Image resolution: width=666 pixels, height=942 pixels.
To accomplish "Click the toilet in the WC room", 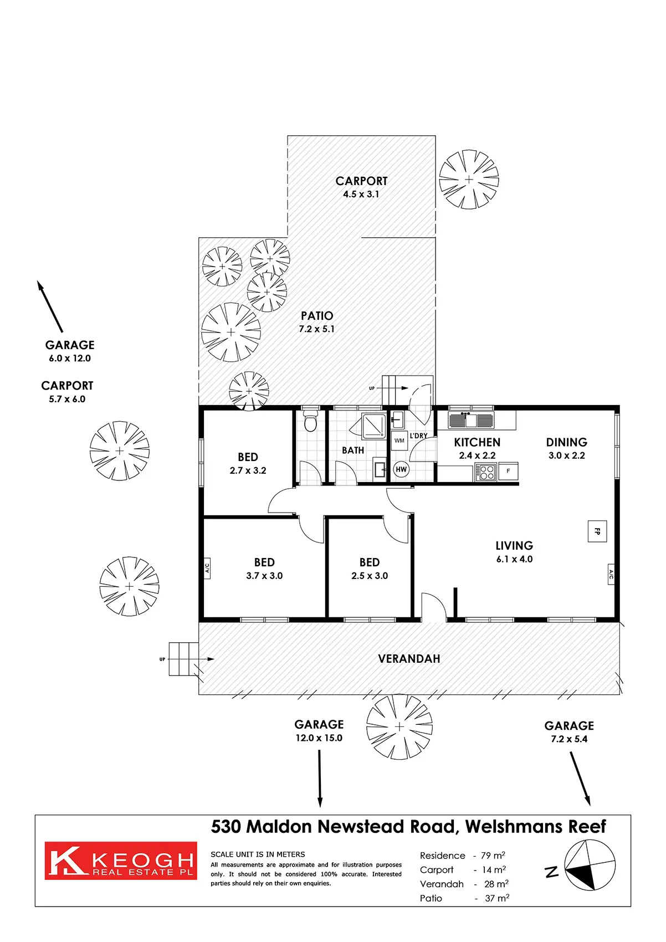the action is click(311, 422).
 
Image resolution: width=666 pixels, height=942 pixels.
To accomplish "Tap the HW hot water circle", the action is click(401, 469).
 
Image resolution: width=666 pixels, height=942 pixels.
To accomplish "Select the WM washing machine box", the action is click(399, 441).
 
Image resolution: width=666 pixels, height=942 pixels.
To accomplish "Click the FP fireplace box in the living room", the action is click(597, 531).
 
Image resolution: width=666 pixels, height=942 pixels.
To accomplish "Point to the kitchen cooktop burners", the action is click(486, 472).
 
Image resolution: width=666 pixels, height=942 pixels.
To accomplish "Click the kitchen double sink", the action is click(471, 420).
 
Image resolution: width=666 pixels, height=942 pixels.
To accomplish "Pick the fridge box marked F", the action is click(508, 471).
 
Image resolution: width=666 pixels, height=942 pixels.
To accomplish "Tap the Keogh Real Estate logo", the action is click(121, 861).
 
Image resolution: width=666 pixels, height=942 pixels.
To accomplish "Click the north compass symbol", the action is click(590, 866).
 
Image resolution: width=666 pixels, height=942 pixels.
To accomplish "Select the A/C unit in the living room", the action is click(612, 575).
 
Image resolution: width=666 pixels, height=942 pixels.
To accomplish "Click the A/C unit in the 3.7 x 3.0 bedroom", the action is click(207, 568).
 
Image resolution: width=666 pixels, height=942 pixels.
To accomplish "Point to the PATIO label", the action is click(317, 316).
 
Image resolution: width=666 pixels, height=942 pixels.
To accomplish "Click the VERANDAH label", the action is click(409, 659).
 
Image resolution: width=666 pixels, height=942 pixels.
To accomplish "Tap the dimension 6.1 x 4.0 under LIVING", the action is click(514, 559).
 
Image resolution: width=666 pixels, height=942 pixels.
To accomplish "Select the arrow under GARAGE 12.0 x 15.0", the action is click(320, 778).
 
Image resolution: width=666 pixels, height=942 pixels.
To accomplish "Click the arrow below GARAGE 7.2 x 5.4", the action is click(580, 778).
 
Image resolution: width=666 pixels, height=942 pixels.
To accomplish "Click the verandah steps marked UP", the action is click(183, 659).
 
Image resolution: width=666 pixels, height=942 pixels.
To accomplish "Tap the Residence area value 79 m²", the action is click(493, 856).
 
